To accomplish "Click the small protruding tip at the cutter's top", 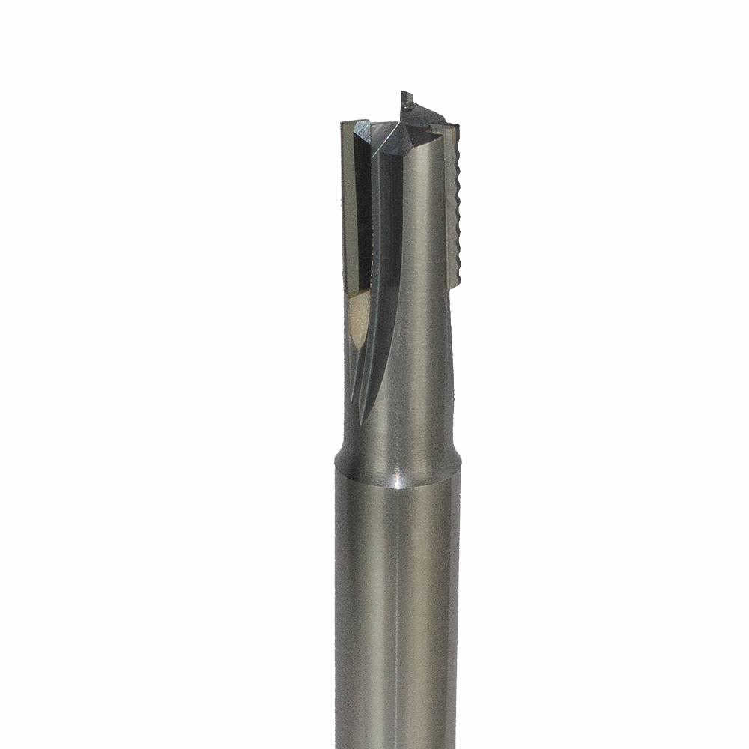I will [405, 97].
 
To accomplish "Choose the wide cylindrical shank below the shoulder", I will [397, 614].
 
